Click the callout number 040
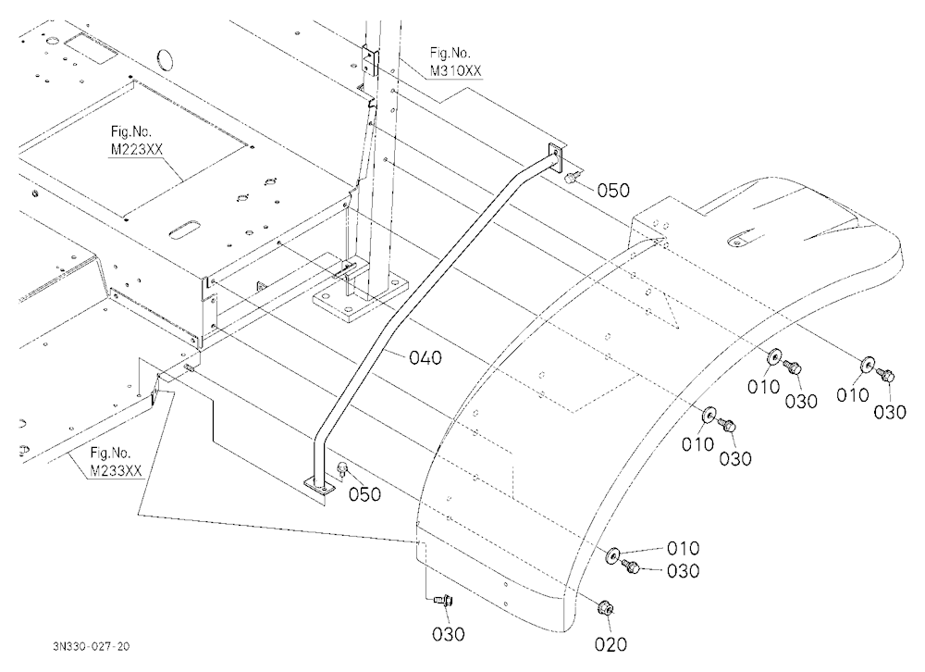click(x=425, y=357)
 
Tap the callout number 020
click(x=610, y=644)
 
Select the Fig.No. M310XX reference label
click(x=455, y=63)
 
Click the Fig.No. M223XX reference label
click(x=136, y=141)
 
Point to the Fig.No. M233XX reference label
click(x=116, y=462)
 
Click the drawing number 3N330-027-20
click(x=91, y=646)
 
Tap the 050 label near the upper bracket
click(x=613, y=190)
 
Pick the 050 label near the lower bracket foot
click(x=364, y=494)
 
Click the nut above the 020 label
click(x=605, y=607)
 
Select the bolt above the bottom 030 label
click(x=442, y=600)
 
